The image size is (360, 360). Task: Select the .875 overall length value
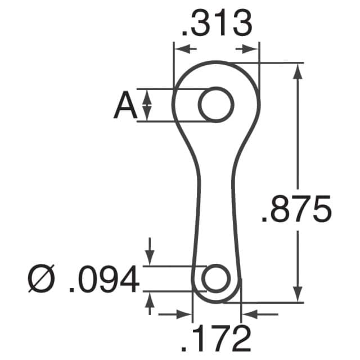tap(296, 211)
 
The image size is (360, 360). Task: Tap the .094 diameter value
tap(103, 280)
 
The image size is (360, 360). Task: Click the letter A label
tap(125, 106)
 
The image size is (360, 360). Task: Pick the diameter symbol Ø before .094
tap(42, 280)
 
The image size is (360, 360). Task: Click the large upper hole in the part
tap(216, 105)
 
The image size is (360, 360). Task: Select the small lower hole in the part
tap(215, 278)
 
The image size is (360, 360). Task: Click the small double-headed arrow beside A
tap(147, 105)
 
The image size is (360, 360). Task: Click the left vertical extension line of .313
tap(173, 62)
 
